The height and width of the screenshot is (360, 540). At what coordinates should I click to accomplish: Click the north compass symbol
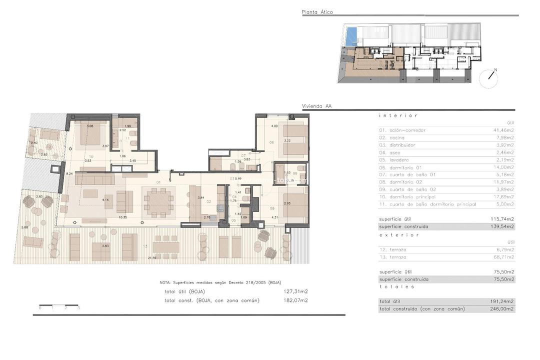click(489, 77)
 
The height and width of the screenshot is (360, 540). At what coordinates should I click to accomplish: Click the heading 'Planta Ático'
click(317, 12)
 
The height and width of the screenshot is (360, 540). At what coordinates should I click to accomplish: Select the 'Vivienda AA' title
click(316, 106)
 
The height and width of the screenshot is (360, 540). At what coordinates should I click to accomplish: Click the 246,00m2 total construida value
click(503, 309)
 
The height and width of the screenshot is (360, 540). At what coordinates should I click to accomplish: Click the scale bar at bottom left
click(59, 305)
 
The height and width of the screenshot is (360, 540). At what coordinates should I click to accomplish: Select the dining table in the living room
click(158, 201)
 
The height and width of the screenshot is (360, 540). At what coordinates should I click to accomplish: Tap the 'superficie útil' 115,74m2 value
click(503, 219)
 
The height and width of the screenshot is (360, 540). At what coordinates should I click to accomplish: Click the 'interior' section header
click(398, 115)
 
